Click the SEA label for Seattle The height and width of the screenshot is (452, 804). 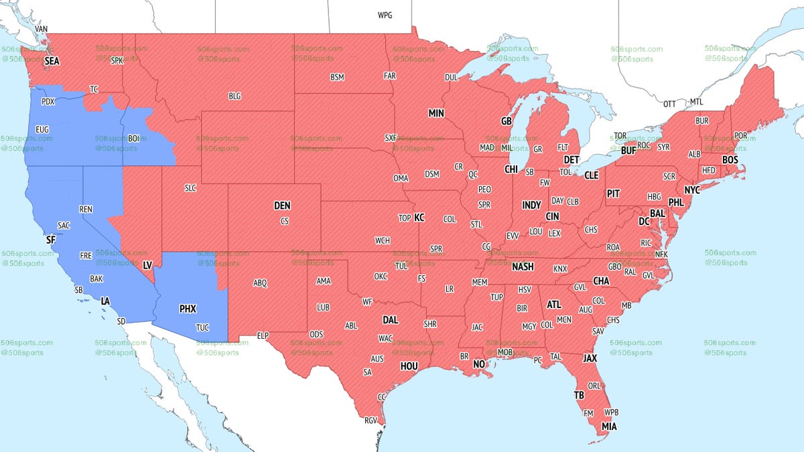click(x=52, y=61)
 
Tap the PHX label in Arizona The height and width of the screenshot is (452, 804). click(x=188, y=310)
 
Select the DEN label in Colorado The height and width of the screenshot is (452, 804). click(x=282, y=206)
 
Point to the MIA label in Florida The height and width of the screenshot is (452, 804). click(x=609, y=427)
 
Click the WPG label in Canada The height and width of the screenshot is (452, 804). click(x=385, y=15)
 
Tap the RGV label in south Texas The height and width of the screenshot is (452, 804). click(x=371, y=421)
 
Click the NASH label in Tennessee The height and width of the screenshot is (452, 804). click(x=522, y=267)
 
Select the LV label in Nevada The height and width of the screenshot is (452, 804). click(x=147, y=266)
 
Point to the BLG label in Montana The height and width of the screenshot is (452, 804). click(x=234, y=96)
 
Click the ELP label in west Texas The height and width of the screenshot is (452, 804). click(x=262, y=335)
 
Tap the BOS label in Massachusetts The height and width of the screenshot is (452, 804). click(x=729, y=160)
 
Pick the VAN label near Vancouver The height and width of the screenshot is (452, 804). click(x=42, y=29)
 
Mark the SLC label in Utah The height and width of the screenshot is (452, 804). click(x=190, y=189)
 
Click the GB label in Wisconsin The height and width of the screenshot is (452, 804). click(x=507, y=122)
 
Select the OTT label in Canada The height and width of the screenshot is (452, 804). click(x=669, y=104)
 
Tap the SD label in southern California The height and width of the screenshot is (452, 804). click(x=121, y=321)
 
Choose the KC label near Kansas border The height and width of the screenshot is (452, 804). click(x=419, y=218)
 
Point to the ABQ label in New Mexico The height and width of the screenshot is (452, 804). click(x=260, y=283)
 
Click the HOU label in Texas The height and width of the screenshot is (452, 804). click(x=409, y=366)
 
